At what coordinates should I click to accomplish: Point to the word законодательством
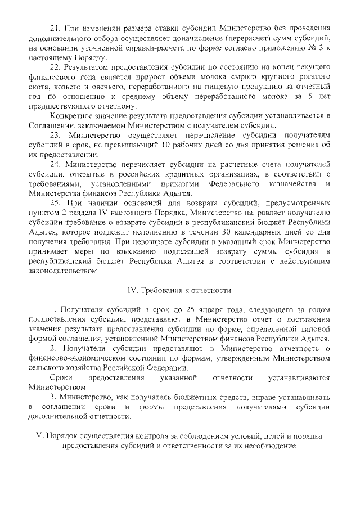click(x=62, y=273)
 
